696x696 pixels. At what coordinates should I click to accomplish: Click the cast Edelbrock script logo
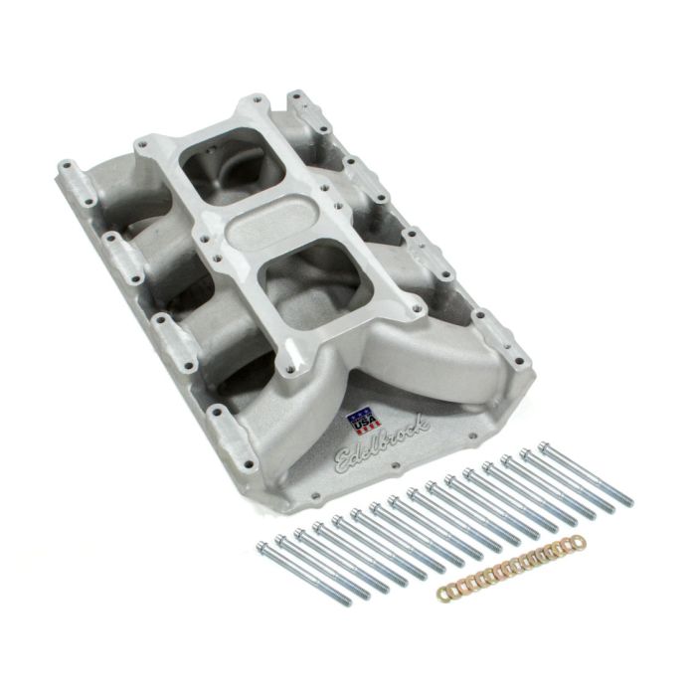tap(383, 442)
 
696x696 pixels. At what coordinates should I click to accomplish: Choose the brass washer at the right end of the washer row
tap(578, 542)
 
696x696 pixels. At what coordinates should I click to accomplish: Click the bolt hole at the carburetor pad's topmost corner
tap(258, 100)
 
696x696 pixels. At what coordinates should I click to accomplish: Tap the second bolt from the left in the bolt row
tap(281, 541)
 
